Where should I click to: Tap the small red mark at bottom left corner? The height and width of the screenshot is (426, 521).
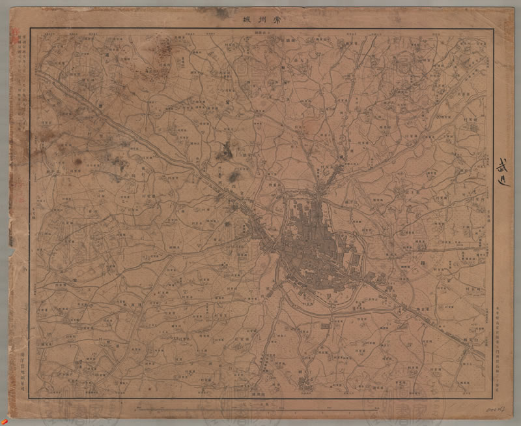point(11,410)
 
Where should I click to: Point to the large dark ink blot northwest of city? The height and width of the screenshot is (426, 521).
point(225,151)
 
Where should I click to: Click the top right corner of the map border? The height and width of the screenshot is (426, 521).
point(492,29)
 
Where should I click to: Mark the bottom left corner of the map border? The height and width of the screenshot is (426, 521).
point(30,399)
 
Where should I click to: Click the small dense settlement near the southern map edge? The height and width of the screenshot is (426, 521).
point(304,382)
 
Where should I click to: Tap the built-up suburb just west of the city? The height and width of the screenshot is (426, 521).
point(264,235)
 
